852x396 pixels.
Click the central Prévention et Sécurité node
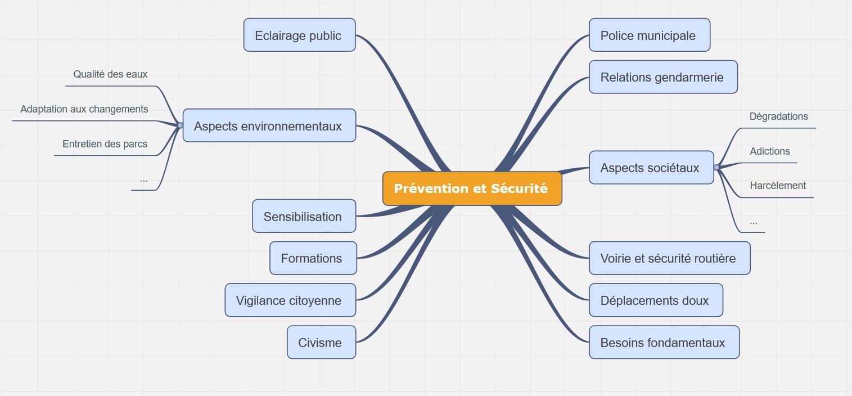(x=472, y=188)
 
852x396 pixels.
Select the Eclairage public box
(x=299, y=35)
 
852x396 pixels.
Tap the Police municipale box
(x=649, y=35)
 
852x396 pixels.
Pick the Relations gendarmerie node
(x=662, y=77)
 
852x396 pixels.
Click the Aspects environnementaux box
(x=269, y=125)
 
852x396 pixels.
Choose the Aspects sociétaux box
(x=651, y=168)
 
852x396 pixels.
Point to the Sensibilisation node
(x=304, y=216)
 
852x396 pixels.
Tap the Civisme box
(x=321, y=342)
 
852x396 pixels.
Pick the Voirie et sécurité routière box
(x=669, y=258)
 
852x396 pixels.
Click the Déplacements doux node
(x=655, y=300)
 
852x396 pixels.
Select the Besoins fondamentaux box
(x=664, y=342)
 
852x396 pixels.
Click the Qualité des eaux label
(x=110, y=74)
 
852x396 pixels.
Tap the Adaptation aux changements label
(x=84, y=109)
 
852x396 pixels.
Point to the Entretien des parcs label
(x=105, y=144)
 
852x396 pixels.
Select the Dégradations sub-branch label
(x=778, y=116)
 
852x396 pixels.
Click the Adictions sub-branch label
(x=769, y=151)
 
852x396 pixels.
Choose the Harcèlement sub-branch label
(x=777, y=186)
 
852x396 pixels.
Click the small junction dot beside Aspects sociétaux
(x=716, y=168)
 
